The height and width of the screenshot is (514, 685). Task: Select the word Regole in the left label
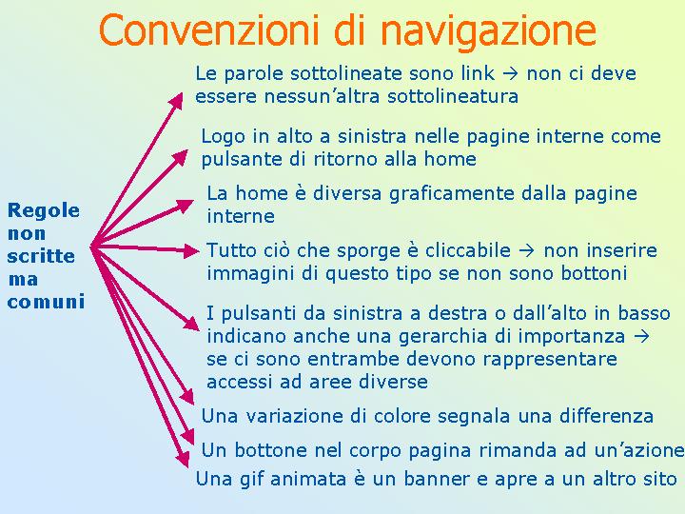tap(44, 211)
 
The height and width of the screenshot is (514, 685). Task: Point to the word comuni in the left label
tap(46, 302)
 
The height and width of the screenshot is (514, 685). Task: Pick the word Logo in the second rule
tap(224, 137)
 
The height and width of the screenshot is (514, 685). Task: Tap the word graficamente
tap(452, 193)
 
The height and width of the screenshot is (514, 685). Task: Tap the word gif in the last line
tap(251, 479)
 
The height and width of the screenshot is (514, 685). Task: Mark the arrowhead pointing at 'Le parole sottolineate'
tap(176, 101)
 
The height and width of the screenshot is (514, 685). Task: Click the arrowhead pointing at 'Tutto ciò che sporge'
tap(191, 251)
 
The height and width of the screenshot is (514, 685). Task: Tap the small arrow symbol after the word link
tap(510, 74)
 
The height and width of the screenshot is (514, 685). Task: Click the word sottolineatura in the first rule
tap(453, 96)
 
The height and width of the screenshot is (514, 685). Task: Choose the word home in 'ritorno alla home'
tap(450, 159)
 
